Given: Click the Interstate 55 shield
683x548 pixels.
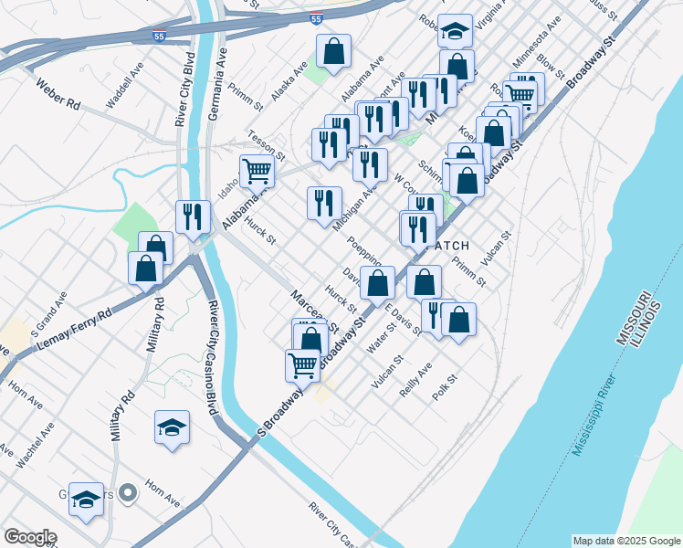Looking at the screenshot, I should [315, 18].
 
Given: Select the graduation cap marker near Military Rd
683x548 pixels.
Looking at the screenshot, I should [172, 428].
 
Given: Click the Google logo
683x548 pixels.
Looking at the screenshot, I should [29, 537].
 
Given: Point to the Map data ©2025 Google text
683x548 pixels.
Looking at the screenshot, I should [626, 541].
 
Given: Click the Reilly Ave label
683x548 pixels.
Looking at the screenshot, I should [415, 379].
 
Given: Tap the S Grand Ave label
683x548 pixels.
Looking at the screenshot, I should [48, 311].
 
